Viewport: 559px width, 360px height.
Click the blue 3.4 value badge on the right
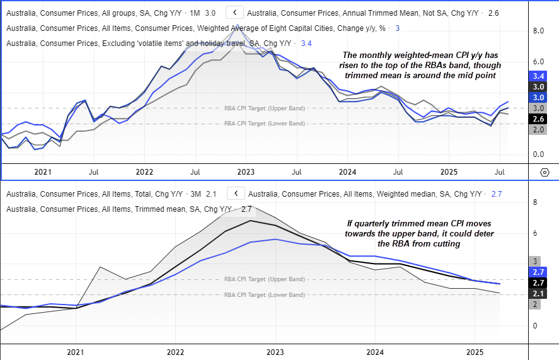[538, 75]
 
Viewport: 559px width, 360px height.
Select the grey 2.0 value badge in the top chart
[538, 129]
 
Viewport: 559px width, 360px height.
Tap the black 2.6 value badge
[538, 119]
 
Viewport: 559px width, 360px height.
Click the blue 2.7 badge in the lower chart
[538, 272]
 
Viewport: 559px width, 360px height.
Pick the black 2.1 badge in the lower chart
[538, 294]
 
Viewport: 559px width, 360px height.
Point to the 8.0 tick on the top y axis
[538, 30]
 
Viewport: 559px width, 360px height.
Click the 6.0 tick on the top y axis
[538, 62]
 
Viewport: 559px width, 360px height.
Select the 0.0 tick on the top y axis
[538, 154]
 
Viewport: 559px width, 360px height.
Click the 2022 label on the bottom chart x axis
[175, 352]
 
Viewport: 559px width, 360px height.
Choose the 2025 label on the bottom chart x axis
[475, 352]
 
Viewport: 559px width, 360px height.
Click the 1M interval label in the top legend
[193, 13]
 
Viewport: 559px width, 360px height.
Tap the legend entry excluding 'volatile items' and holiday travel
[149, 43]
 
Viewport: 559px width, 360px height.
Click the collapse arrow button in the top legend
[234, 13]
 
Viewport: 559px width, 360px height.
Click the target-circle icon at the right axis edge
[545, 172]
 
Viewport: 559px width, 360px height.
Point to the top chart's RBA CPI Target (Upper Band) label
[265, 108]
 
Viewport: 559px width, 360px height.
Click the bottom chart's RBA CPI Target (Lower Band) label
[265, 295]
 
